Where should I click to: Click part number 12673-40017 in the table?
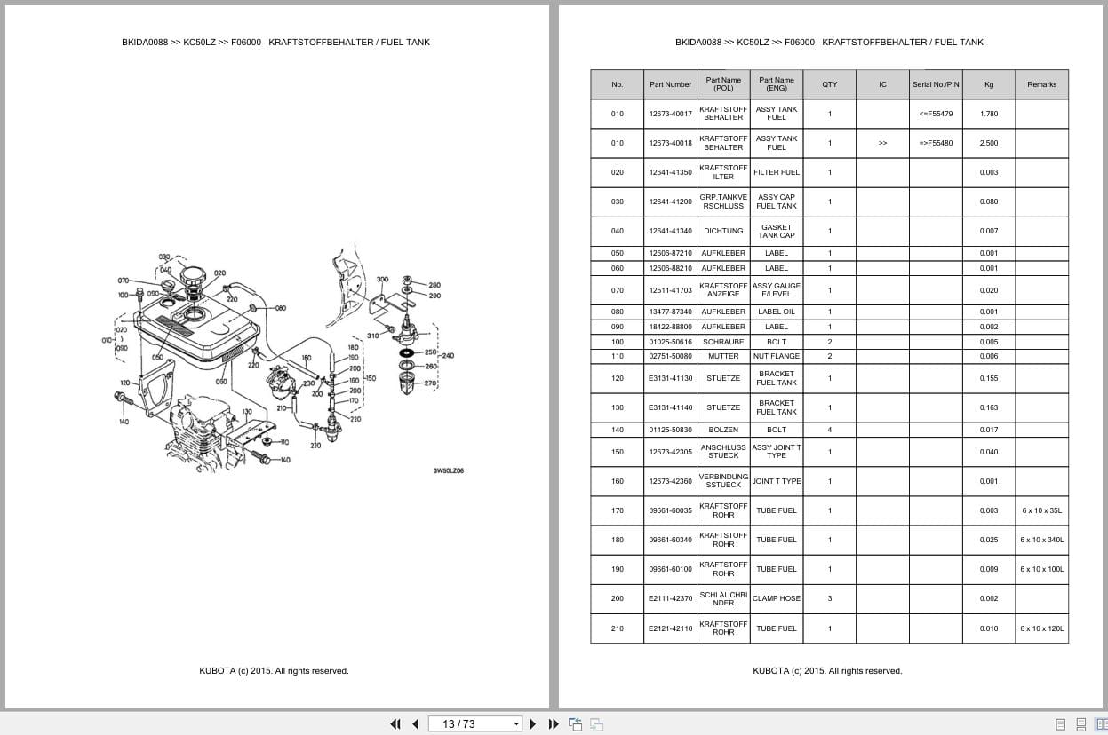click(670, 114)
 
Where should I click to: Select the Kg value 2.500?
click(988, 143)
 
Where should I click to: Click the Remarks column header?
click(1041, 84)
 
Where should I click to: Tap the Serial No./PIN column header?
click(935, 84)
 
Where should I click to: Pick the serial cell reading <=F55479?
click(935, 114)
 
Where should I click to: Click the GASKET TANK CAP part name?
click(776, 231)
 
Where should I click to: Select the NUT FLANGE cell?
click(776, 356)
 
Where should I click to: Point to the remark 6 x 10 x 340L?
click(1041, 540)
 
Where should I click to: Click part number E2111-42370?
click(670, 598)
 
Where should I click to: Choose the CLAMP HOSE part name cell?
click(776, 598)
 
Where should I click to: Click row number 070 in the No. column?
click(617, 290)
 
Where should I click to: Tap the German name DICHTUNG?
click(723, 231)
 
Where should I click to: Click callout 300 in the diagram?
click(382, 280)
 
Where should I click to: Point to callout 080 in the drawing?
click(280, 308)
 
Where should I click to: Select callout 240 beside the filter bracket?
click(448, 356)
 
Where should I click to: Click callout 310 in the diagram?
click(372, 336)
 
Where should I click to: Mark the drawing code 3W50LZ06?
click(448, 470)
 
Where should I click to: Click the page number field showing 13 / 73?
click(474, 723)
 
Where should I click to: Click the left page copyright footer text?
click(274, 671)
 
